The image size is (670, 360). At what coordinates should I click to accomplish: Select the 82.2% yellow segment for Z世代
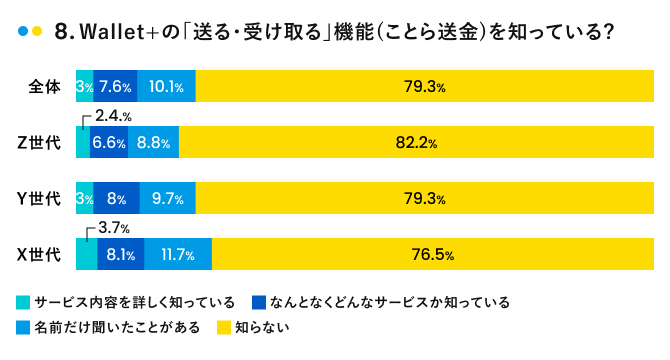tap(416, 143)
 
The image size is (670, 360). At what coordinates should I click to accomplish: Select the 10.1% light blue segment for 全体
tap(166, 87)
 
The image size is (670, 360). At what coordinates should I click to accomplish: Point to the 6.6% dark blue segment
tap(108, 143)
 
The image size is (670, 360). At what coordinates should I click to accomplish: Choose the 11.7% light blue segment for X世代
tap(177, 255)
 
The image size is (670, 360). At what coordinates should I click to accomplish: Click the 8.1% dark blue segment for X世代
tap(120, 255)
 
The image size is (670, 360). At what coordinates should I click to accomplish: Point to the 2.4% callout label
tap(113, 117)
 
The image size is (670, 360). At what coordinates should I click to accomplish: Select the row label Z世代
tap(40, 143)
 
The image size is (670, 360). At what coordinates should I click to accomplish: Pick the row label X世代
tap(40, 255)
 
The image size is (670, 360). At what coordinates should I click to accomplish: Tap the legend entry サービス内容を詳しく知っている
tap(134, 301)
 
